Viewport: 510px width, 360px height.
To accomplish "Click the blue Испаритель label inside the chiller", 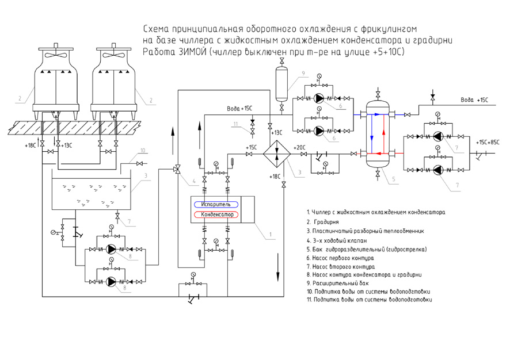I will (216, 204).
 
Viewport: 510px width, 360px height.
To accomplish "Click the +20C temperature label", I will (299, 147).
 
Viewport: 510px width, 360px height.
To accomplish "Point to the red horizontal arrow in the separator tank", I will (380, 154).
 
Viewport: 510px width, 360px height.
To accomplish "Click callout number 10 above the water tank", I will (143, 151).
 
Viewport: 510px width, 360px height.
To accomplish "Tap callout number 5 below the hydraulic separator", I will (394, 179).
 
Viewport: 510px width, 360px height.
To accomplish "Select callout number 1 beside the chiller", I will (269, 235).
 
